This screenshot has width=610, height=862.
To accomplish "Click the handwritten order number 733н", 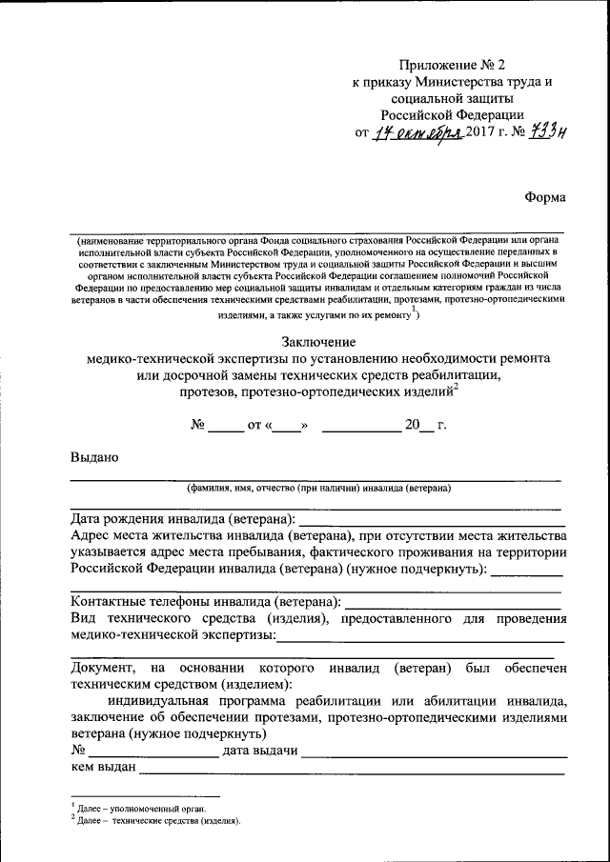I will [x=549, y=132].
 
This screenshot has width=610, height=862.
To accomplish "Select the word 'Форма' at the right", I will [x=544, y=197].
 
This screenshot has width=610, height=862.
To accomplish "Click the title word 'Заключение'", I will [x=318, y=341].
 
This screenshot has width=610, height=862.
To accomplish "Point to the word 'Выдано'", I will [x=94, y=456].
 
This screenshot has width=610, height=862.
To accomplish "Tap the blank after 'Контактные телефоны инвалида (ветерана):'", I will [x=453, y=603].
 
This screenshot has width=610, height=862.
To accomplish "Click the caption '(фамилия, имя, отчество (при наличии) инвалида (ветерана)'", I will [x=318, y=488].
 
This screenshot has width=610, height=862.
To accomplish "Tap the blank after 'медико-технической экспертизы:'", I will [x=420, y=636].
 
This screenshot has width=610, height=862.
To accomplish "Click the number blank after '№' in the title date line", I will [x=226, y=425].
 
